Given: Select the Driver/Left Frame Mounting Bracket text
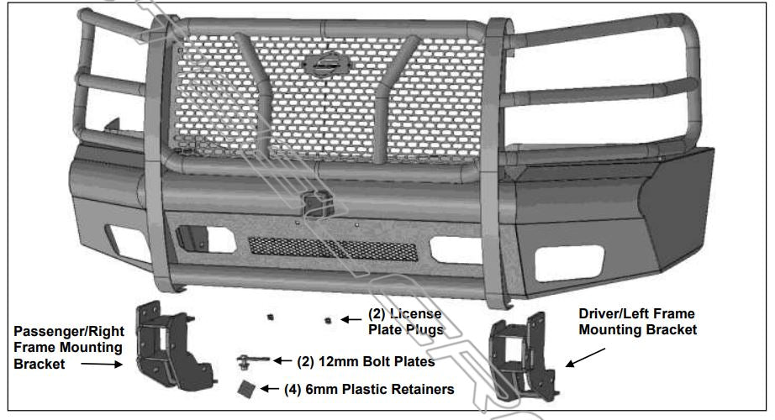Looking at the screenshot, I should [638, 322].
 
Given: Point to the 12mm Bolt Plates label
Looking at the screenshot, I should [366, 362].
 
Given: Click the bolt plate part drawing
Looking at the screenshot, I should [252, 361].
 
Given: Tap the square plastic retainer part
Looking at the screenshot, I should [245, 389].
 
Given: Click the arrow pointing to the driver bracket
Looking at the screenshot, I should [579, 359].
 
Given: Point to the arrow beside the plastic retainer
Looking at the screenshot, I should [269, 389].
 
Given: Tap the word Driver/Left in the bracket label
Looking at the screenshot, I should [614, 313].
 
